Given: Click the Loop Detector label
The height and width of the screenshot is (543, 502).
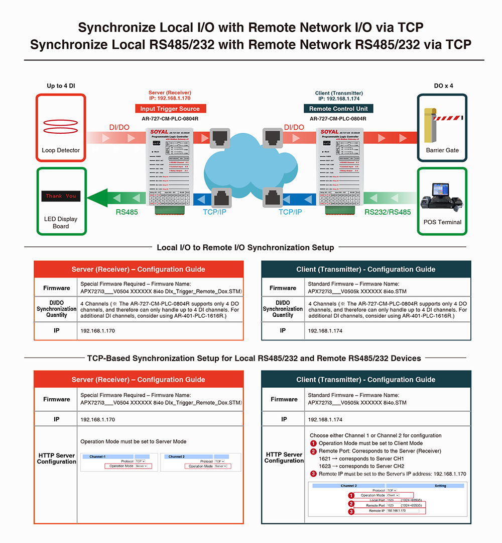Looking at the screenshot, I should pos(61,150).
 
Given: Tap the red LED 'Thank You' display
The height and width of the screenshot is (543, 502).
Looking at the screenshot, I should pos(61,196).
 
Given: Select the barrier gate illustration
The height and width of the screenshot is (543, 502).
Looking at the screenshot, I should pos(442,124).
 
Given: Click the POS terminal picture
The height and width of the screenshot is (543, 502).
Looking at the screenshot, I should pos(442,198).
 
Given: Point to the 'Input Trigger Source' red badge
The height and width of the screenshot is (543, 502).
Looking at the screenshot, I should pos(170,109).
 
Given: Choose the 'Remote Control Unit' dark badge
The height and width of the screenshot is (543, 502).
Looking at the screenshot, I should pos(338,109).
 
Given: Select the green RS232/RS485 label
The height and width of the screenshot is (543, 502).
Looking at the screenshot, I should pos(388,212).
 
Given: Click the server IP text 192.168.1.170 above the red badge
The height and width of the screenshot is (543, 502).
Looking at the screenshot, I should pos(170,99).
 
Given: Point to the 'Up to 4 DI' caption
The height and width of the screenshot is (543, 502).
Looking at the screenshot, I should pos(61,86).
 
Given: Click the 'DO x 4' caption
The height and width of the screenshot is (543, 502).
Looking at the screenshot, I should pos(442,86).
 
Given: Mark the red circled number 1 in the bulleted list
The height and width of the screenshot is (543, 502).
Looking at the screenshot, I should pos(313,443).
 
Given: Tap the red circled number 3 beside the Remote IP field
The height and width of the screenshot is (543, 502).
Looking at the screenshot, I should pos(351,512).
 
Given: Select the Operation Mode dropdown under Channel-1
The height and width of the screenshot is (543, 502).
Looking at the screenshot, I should pos(141,466).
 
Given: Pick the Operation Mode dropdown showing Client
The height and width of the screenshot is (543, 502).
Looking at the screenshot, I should pos(392,495).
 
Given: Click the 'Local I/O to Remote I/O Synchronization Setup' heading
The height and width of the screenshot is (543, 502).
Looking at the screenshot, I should pos(245,247).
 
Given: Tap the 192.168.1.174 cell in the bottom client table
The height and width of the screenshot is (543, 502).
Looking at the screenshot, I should pos(325,419).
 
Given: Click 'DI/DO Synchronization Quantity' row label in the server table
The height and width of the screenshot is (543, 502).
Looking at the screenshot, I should pos(56,309).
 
